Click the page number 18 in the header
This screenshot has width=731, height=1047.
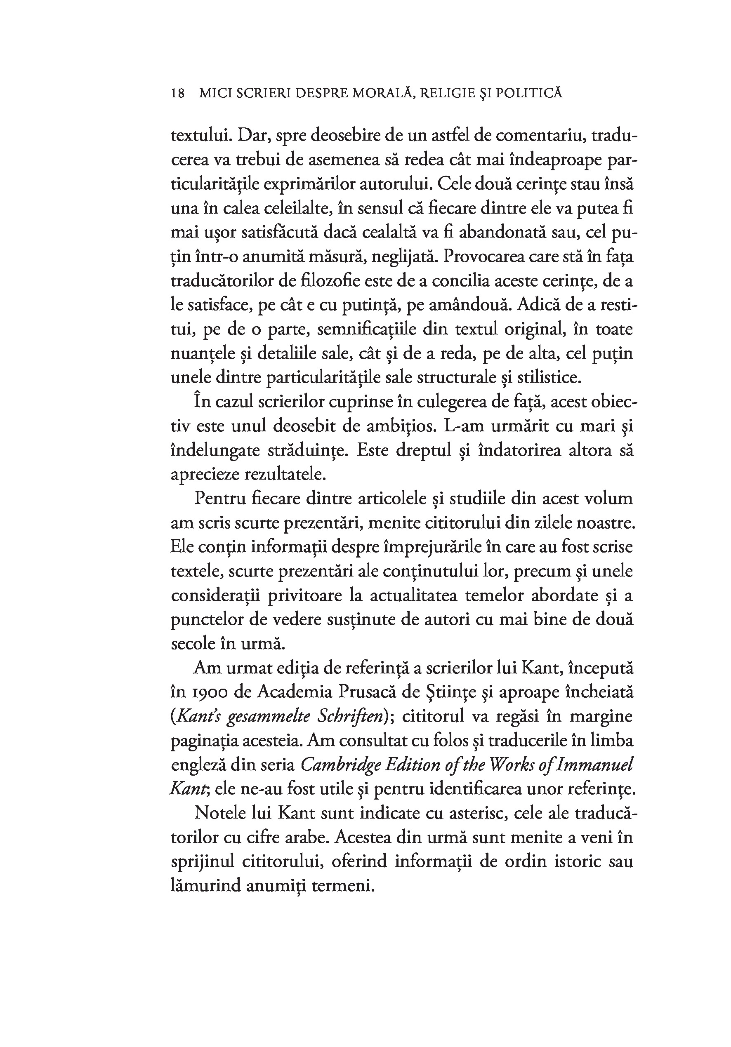177,94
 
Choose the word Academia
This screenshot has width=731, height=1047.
294,692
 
